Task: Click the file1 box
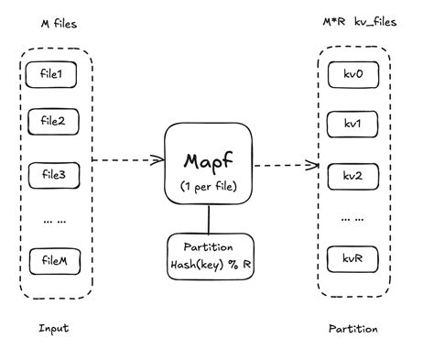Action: [x=52, y=71]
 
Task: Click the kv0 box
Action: [x=353, y=71]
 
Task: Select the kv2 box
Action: [x=353, y=174]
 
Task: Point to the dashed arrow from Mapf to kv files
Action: [x=284, y=166]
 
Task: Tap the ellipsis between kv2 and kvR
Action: [x=353, y=218]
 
